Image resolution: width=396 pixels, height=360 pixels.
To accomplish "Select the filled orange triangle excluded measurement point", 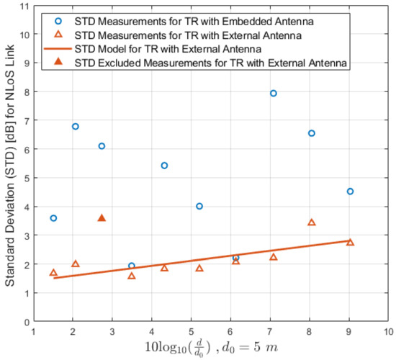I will [x=102, y=217].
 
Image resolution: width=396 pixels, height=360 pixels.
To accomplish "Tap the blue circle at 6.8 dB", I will [x=76, y=127].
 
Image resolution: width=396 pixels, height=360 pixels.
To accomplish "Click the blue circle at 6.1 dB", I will [x=102, y=146].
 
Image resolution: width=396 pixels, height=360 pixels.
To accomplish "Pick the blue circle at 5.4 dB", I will [x=164, y=166].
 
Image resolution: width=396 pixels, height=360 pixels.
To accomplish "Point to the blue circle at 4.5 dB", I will [x=350, y=192].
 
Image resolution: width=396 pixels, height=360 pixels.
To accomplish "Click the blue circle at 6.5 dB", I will [x=312, y=133].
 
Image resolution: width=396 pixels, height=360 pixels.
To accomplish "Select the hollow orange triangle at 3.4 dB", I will [x=312, y=222].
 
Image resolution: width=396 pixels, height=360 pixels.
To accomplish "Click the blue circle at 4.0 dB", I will [x=199, y=207].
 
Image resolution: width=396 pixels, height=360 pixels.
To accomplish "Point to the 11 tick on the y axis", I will [x=24, y=6].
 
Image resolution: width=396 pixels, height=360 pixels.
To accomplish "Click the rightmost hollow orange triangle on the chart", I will [x=350, y=243].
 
